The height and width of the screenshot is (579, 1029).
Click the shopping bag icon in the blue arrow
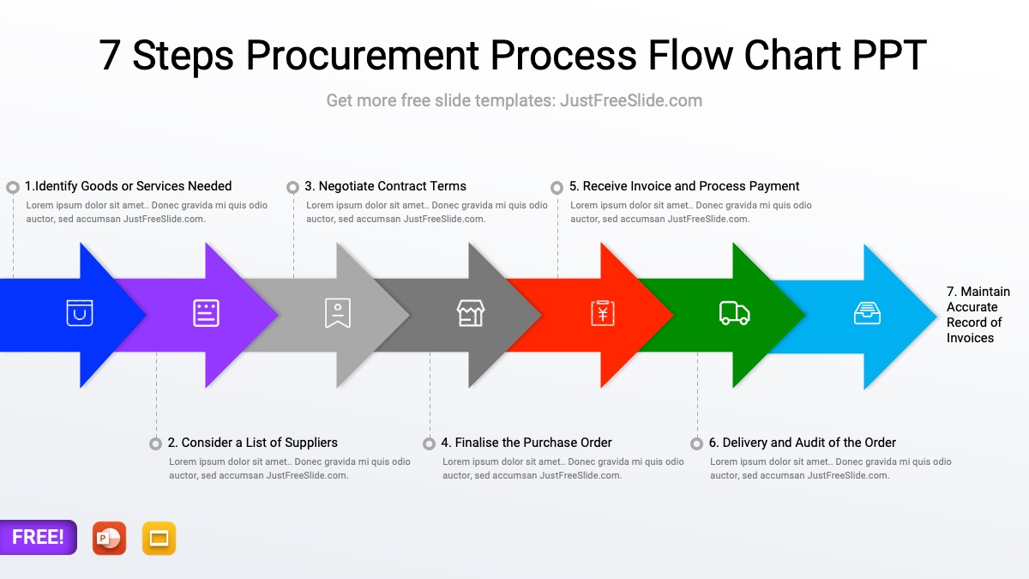80,313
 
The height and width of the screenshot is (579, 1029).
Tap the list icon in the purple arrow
206,313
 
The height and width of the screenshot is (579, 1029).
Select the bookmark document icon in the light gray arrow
338,313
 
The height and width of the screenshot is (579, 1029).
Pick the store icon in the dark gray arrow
470,313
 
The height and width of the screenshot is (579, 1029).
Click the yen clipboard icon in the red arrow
603,313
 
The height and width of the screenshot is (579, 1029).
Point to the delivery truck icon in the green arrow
734,314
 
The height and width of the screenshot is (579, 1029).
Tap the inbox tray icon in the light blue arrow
867,313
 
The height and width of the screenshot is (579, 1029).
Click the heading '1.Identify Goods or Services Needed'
128,186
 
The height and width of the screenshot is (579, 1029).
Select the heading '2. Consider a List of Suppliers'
253,443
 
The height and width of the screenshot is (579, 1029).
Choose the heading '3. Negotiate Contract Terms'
385,186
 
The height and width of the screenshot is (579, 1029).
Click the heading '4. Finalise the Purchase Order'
527,443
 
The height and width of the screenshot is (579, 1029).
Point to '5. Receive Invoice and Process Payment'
684,186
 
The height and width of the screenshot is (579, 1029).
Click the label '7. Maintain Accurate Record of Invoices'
978,315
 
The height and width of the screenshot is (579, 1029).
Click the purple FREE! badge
38,537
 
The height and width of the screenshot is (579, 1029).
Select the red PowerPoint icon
109,538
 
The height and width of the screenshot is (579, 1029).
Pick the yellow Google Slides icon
159,538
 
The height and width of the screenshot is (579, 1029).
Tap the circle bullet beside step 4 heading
429,443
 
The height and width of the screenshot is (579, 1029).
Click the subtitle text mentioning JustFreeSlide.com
514,100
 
